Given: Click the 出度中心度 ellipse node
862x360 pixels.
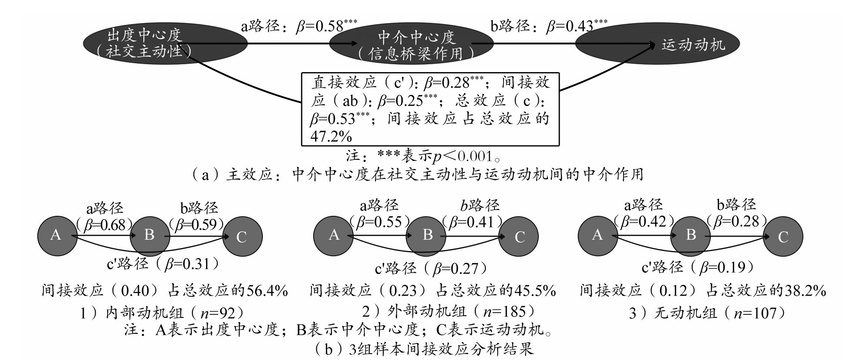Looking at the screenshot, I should pyautogui.click(x=165, y=43).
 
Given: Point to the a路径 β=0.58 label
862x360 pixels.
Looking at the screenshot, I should pyautogui.click(x=299, y=26).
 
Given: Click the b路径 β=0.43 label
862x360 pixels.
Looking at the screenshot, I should pyautogui.click(x=549, y=26).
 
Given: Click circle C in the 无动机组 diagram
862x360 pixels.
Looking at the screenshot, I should pyautogui.click(x=783, y=237).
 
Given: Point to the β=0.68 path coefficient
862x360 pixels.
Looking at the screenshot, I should pyautogui.click(x=104, y=225).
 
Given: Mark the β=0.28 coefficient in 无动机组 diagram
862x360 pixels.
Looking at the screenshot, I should pyautogui.click(x=737, y=221).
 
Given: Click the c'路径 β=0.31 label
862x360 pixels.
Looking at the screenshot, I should pyautogui.click(x=162, y=264).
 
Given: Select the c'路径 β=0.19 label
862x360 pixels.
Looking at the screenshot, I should pyautogui.click(x=698, y=267).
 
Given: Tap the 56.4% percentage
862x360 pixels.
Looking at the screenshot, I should pyautogui.click(x=267, y=291).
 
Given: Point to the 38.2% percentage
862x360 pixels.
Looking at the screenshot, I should pyautogui.click(x=805, y=291).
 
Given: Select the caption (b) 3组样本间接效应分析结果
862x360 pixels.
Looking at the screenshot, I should pyautogui.click(x=423, y=349).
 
